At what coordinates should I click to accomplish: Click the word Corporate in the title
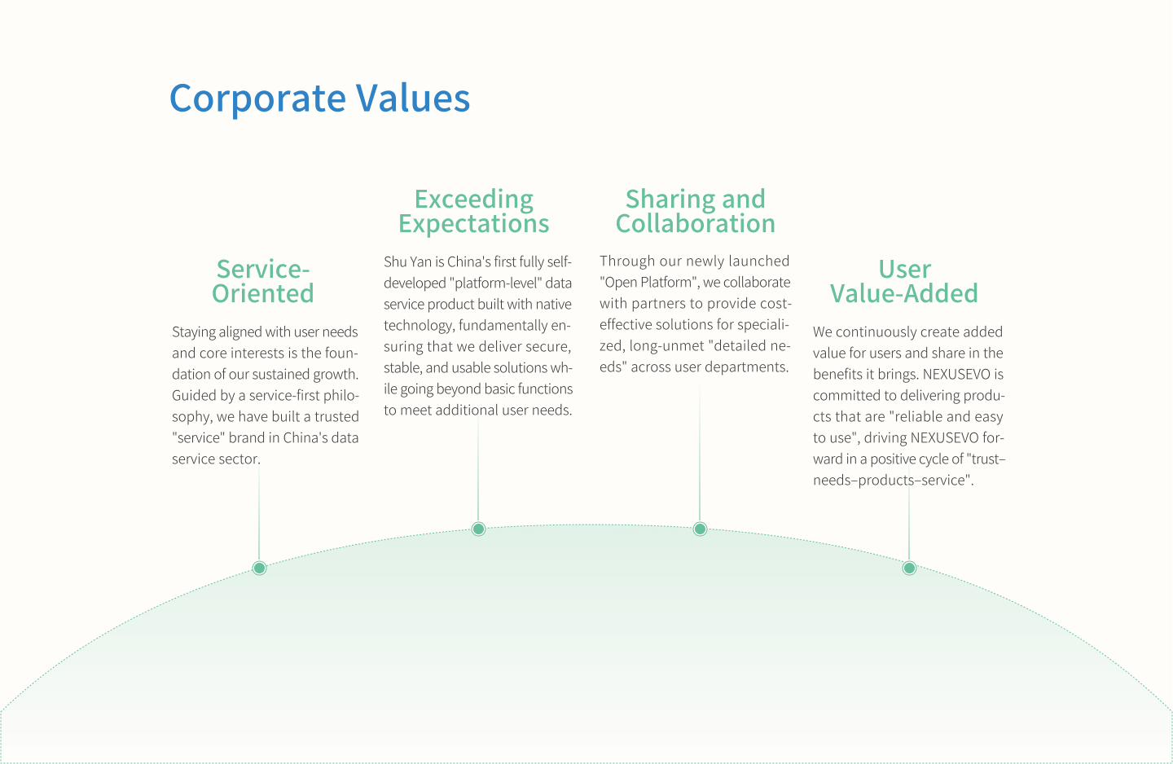(257, 99)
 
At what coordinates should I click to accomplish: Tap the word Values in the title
(413, 99)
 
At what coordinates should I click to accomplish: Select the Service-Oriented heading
(263, 281)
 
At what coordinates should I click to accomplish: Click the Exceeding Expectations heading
(474, 211)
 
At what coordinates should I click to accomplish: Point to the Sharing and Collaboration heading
(696, 211)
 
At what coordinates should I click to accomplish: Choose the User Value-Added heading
(904, 281)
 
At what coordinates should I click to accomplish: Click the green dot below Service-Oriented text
(259, 568)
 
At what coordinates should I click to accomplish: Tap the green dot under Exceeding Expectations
(478, 529)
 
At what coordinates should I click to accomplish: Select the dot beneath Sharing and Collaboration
(700, 529)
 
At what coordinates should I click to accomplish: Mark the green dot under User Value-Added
(909, 568)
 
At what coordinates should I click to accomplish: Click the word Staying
(193, 332)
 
